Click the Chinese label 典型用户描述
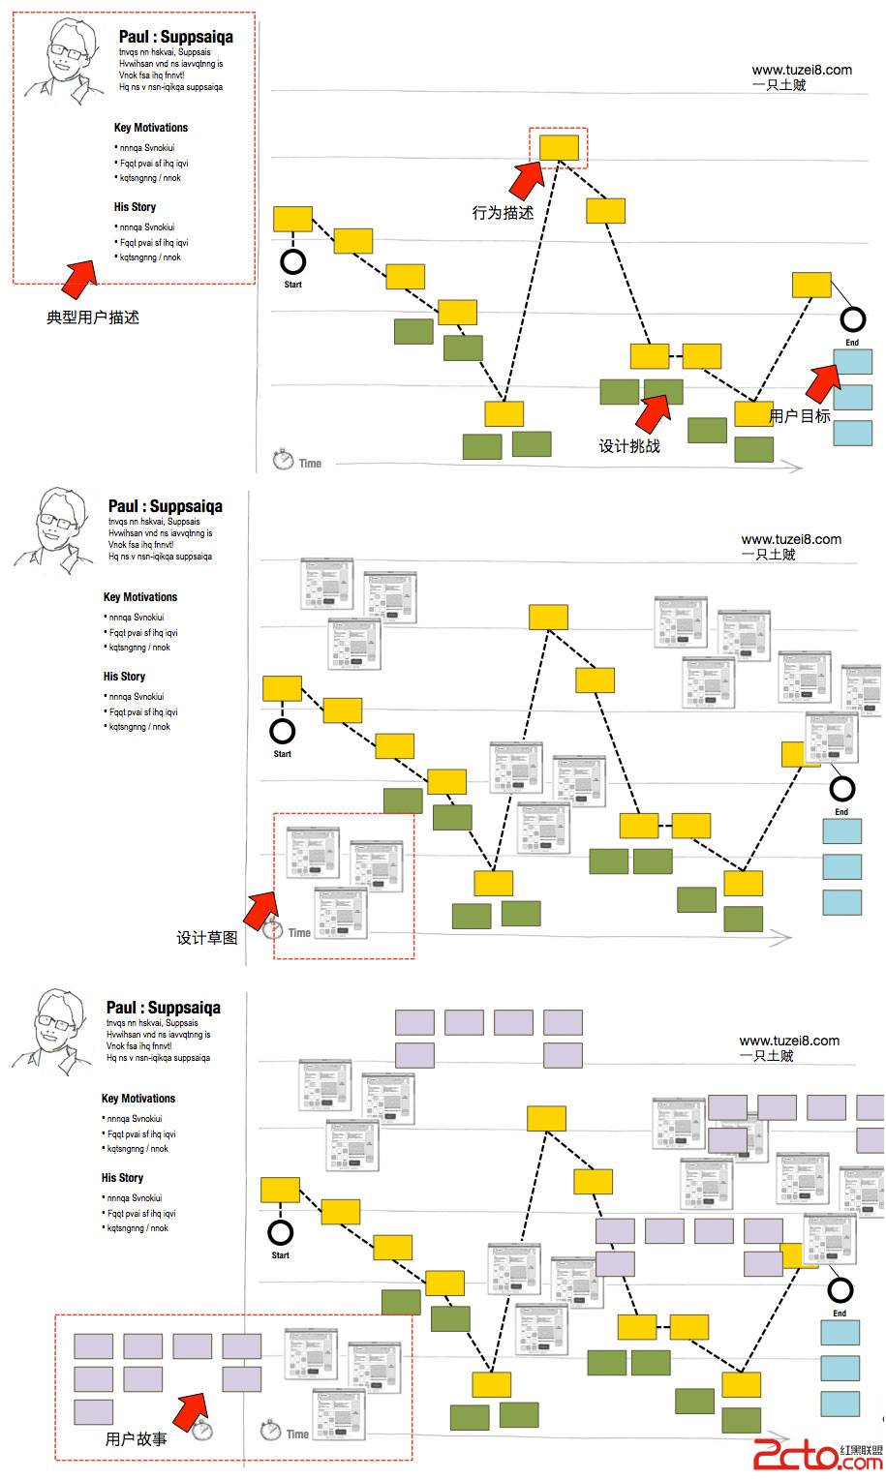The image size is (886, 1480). (x=93, y=317)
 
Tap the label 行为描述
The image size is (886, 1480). (x=503, y=213)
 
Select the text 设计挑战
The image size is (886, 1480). (x=629, y=446)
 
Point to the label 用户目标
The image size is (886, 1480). (x=800, y=416)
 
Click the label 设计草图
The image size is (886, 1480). (x=206, y=938)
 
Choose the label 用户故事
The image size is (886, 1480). (x=136, y=1439)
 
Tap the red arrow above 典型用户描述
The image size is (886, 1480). (x=79, y=277)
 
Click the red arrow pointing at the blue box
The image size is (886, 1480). (x=822, y=382)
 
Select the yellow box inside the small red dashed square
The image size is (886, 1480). (x=559, y=147)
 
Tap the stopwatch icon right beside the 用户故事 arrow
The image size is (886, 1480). (x=202, y=1429)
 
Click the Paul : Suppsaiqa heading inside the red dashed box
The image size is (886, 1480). (x=175, y=37)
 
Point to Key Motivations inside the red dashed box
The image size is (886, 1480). (x=151, y=128)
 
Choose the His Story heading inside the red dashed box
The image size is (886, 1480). (x=135, y=207)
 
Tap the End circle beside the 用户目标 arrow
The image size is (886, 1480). (x=852, y=318)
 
